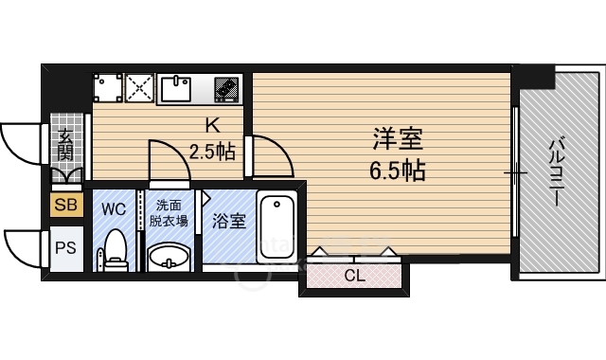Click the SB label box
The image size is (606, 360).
(66, 204)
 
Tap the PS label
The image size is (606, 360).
(66, 249)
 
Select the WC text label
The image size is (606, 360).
(114, 207)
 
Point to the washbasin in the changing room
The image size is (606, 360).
(169, 255)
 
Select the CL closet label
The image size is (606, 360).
(354, 277)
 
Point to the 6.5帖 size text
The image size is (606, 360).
(396, 171)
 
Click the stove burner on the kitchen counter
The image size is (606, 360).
(227, 89)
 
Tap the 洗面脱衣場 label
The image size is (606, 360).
(169, 213)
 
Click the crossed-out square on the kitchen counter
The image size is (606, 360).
(139, 89)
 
